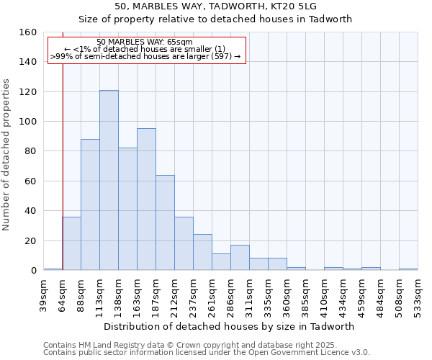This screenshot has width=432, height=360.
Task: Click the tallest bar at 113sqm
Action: point(109,180)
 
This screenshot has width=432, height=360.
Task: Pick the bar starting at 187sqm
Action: point(165,222)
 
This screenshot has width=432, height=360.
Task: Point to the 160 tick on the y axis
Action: point(29,32)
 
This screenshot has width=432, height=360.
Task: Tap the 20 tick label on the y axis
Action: point(31,240)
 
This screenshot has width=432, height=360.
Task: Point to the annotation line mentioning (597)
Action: point(145,56)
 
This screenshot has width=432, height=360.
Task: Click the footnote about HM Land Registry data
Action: point(195,345)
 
